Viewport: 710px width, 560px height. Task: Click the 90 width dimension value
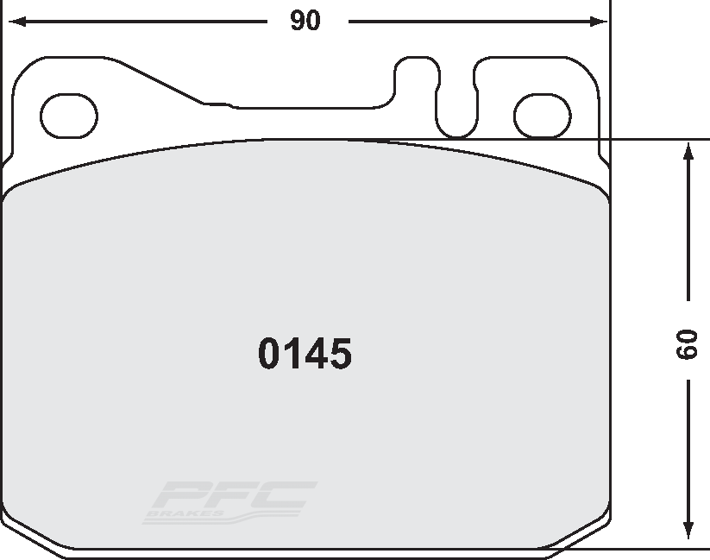(x=305, y=21)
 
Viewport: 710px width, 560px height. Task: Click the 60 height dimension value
(x=687, y=344)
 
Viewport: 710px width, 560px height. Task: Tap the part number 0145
(x=305, y=354)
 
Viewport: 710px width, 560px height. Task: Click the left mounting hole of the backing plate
(x=69, y=116)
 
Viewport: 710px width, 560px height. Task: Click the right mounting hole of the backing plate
(x=543, y=116)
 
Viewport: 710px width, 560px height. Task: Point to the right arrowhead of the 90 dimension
(x=598, y=22)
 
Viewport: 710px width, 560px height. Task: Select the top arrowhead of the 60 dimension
(x=688, y=151)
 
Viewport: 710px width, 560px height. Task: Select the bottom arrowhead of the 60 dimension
(x=688, y=530)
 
